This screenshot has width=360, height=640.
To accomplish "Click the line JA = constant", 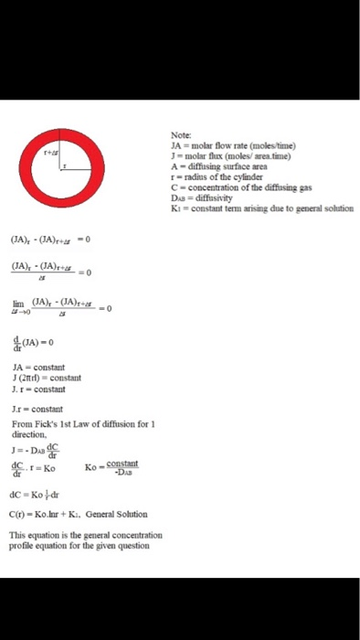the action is [x=38, y=368].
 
